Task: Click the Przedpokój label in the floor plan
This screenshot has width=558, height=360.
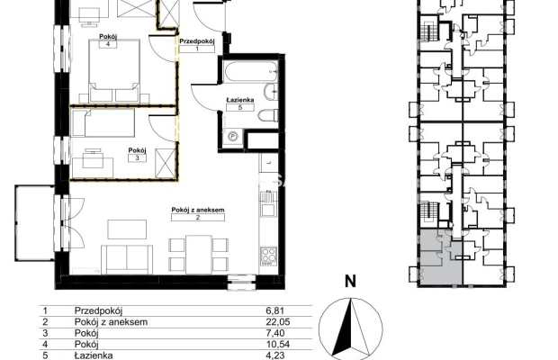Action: [197, 41]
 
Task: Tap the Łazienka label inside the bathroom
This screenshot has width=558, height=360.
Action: [240, 100]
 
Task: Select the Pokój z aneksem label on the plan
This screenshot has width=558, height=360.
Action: [198, 210]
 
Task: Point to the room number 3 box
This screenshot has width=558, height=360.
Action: [138, 157]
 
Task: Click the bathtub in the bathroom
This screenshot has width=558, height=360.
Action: [251, 71]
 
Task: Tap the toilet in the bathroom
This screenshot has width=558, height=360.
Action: [268, 116]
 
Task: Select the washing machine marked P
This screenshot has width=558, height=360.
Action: [233, 137]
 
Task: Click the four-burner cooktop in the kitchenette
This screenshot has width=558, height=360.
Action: [269, 256]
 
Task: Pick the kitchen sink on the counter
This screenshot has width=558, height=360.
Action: [268, 203]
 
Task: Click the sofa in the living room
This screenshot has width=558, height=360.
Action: [127, 259]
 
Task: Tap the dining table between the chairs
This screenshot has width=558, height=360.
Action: [199, 255]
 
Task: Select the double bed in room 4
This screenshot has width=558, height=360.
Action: [114, 71]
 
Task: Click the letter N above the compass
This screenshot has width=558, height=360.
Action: [350, 282]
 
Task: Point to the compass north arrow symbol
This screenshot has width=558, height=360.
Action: [351, 328]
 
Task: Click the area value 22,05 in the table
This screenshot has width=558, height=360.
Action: [278, 322]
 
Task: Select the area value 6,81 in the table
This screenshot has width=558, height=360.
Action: [275, 310]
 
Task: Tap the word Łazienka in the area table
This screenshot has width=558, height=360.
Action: [94, 355]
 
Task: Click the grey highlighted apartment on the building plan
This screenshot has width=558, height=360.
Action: [441, 256]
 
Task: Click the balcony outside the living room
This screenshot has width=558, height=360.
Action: [34, 223]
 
